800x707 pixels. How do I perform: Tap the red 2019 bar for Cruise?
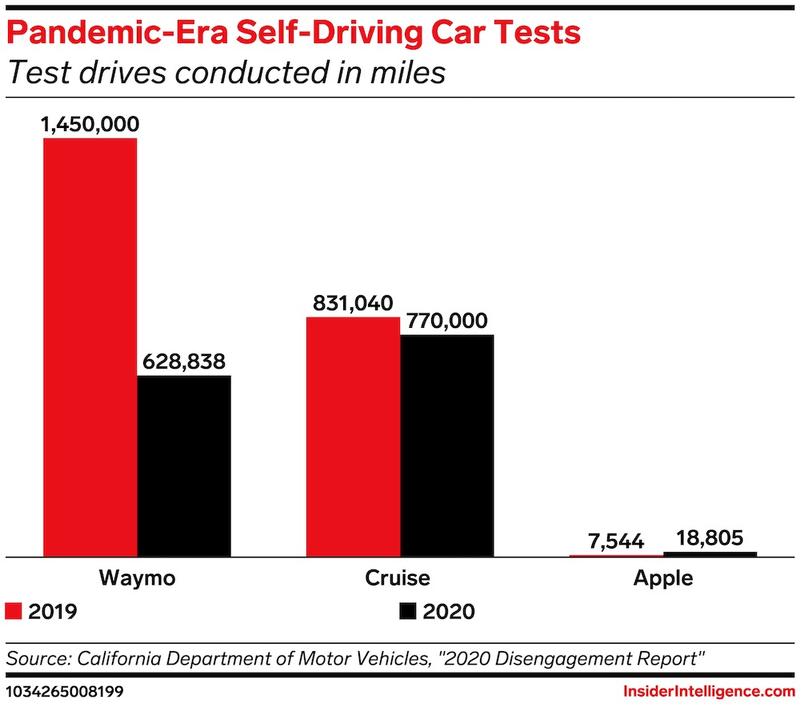point(353,436)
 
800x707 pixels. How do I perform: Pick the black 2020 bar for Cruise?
point(446,445)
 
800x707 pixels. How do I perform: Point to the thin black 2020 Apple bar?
point(710,553)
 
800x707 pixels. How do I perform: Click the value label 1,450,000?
point(91,124)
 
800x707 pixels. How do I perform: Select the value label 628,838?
point(184,361)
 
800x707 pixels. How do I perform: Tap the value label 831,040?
point(352,303)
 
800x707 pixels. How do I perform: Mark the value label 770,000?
point(447,321)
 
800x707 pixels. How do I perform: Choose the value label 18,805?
point(710,538)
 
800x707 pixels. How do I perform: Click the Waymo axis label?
point(137,577)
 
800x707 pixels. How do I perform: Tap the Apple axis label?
point(662,577)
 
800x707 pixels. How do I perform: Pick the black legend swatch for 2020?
point(407,612)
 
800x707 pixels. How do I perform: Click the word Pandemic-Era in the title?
point(116,33)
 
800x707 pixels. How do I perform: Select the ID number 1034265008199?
point(65,690)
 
